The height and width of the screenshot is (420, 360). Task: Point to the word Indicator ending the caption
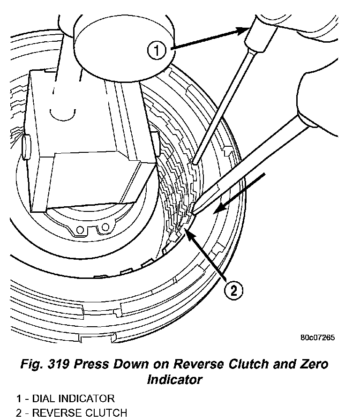175,379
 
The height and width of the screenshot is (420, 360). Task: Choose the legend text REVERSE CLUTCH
74,413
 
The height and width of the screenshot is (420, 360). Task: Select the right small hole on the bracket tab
105,227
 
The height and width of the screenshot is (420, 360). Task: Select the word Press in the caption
87,364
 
